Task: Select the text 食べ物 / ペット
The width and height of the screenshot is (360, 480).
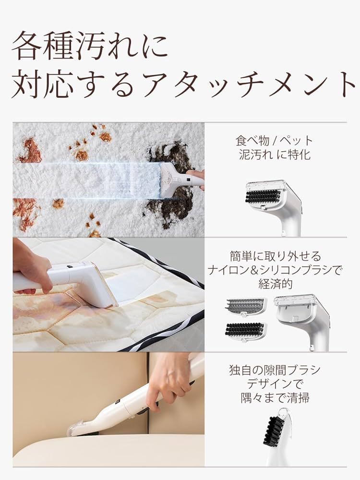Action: pyautogui.click(x=274, y=141)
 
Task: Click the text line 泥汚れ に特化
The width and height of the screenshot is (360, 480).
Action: pyautogui.click(x=274, y=155)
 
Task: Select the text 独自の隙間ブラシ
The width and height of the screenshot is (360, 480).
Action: pyautogui.click(x=275, y=370)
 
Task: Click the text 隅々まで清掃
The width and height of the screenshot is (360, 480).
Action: pyautogui.click(x=275, y=397)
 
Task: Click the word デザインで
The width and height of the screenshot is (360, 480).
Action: pyautogui.click(x=275, y=384)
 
